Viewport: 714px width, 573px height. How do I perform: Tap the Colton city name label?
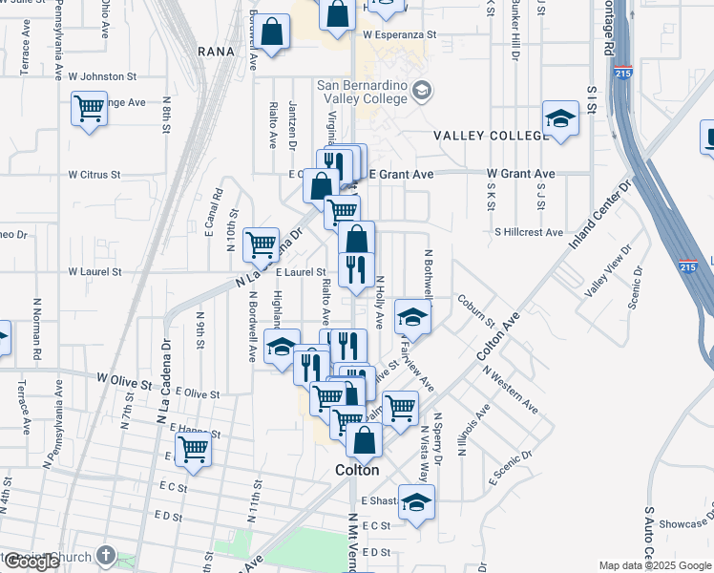(358, 470)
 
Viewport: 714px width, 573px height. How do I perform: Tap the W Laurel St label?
(94, 272)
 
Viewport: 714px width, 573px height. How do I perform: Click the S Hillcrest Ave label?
(529, 232)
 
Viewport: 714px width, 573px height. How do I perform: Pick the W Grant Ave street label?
(520, 174)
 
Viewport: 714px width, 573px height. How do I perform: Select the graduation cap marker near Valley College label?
(560, 117)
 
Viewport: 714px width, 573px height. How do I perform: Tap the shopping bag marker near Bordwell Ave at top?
(272, 32)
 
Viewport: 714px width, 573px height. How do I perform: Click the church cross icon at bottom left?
(105, 555)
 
